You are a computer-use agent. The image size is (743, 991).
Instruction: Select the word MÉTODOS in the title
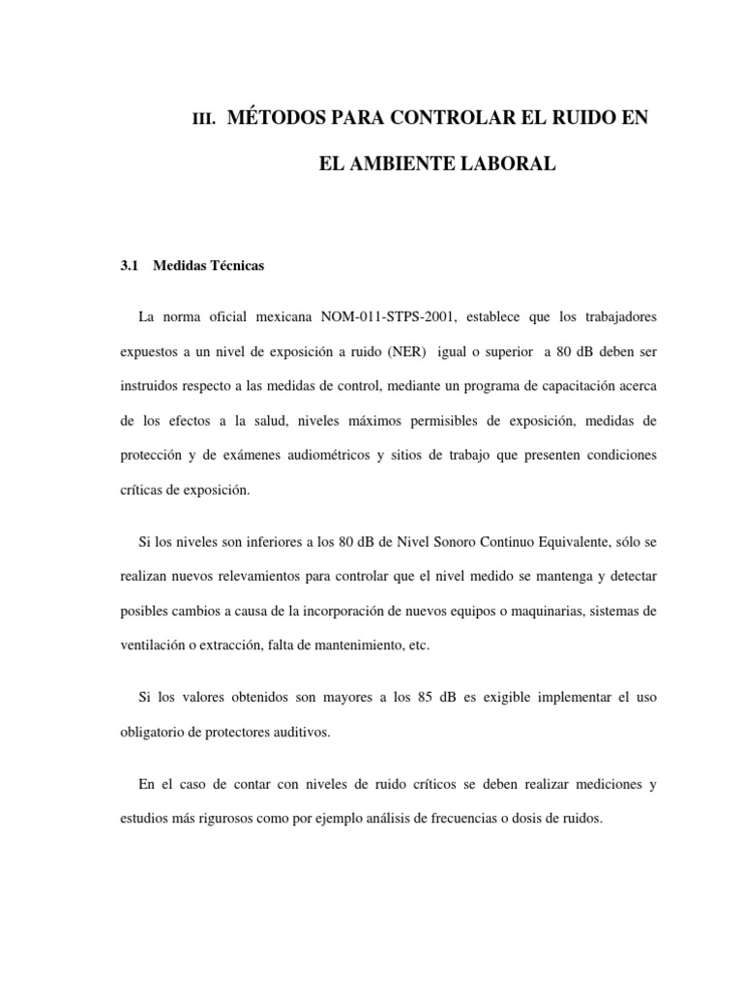[x=282, y=118]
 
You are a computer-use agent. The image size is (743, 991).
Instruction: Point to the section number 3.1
[x=130, y=265]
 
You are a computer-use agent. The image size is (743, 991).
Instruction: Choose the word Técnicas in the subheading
[x=231, y=265]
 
